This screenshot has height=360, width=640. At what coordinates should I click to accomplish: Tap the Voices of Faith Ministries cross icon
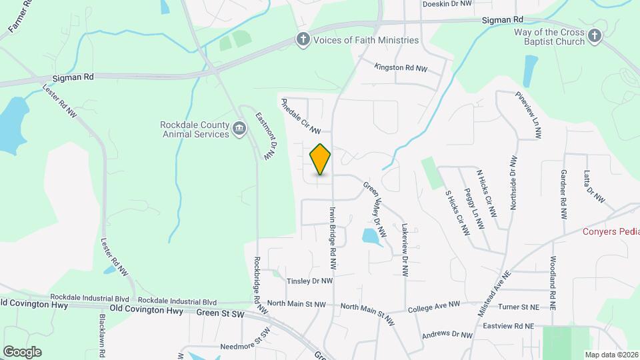pyautogui.click(x=303, y=39)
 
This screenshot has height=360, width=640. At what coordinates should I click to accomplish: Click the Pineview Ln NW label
pyautogui.click(x=527, y=115)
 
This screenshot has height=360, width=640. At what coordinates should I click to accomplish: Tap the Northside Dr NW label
pyautogui.click(x=513, y=183)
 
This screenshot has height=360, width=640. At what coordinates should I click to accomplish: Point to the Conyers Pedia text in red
pyautogui.click(x=611, y=231)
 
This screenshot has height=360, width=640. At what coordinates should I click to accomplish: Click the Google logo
pyautogui.click(x=22, y=351)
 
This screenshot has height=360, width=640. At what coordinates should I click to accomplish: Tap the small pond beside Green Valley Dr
pyautogui.click(x=371, y=235)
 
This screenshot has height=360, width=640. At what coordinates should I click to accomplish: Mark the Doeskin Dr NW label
pyautogui.click(x=447, y=4)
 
